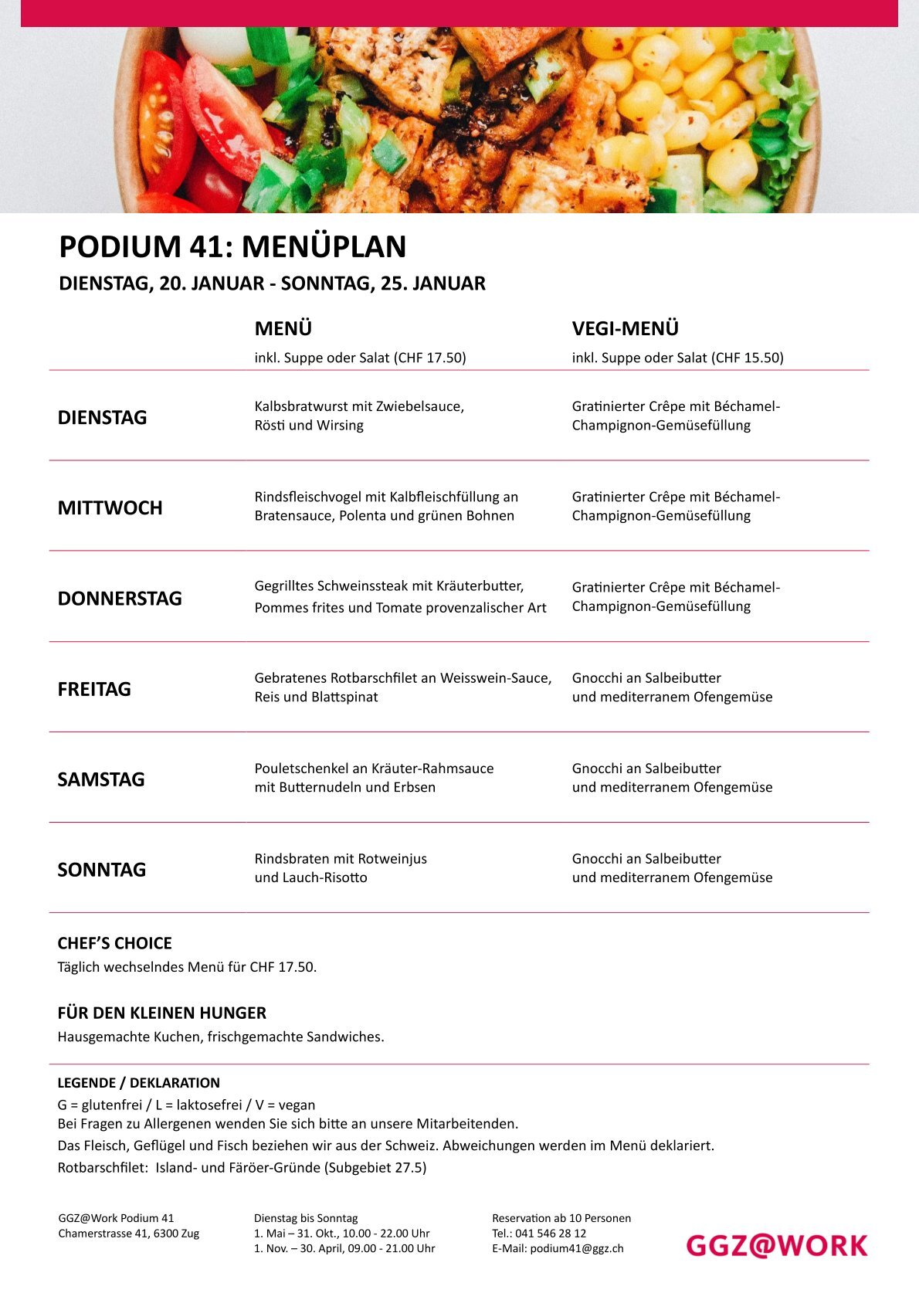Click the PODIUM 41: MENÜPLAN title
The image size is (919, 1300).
[x=232, y=247]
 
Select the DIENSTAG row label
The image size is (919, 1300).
[x=102, y=418]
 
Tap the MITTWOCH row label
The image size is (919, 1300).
[x=110, y=508]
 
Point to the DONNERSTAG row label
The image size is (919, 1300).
[x=120, y=599]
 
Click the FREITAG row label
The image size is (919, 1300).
[x=94, y=689]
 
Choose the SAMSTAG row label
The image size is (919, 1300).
[x=101, y=779]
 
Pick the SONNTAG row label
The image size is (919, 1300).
[x=101, y=870]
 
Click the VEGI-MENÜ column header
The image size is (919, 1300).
[x=625, y=329]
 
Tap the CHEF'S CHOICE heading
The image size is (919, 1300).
[x=114, y=943]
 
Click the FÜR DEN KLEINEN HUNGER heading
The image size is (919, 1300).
[x=161, y=1013]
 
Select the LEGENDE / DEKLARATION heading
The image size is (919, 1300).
[x=138, y=1083]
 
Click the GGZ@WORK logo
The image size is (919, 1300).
[x=776, y=1245]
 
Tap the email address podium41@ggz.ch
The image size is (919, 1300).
[x=576, y=1248]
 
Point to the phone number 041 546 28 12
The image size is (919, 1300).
[x=551, y=1234]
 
